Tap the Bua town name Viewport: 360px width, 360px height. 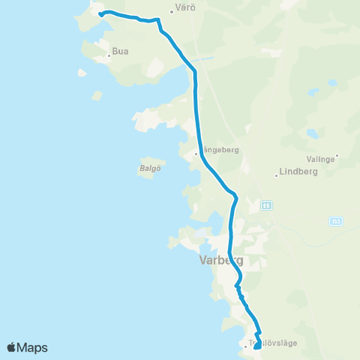coord(120,52)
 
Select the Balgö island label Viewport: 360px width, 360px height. coord(150,169)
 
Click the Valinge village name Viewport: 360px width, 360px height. coord(320,158)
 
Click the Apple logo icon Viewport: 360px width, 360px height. coord(12,347)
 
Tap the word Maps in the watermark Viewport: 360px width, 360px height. coord(33,347)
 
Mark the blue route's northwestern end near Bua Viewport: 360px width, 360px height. coord(100,13)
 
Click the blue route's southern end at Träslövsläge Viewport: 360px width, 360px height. coord(257,346)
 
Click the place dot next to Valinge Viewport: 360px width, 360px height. coord(337,157)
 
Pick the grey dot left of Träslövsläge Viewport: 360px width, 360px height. coord(244,346)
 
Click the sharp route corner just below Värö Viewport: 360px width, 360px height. coord(158,21)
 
